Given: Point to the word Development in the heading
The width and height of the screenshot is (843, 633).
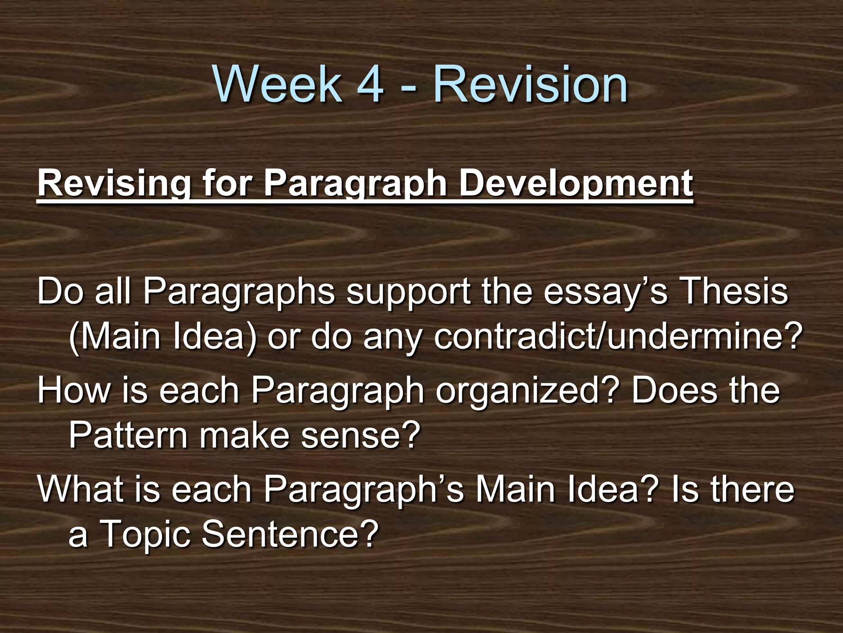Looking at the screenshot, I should (575, 183).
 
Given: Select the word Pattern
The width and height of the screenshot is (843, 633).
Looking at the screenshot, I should (128, 436).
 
